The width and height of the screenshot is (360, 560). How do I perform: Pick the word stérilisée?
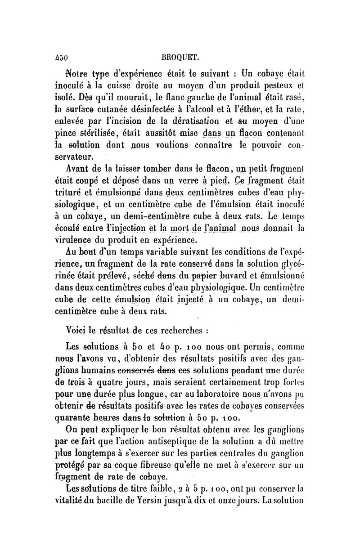[97, 133]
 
